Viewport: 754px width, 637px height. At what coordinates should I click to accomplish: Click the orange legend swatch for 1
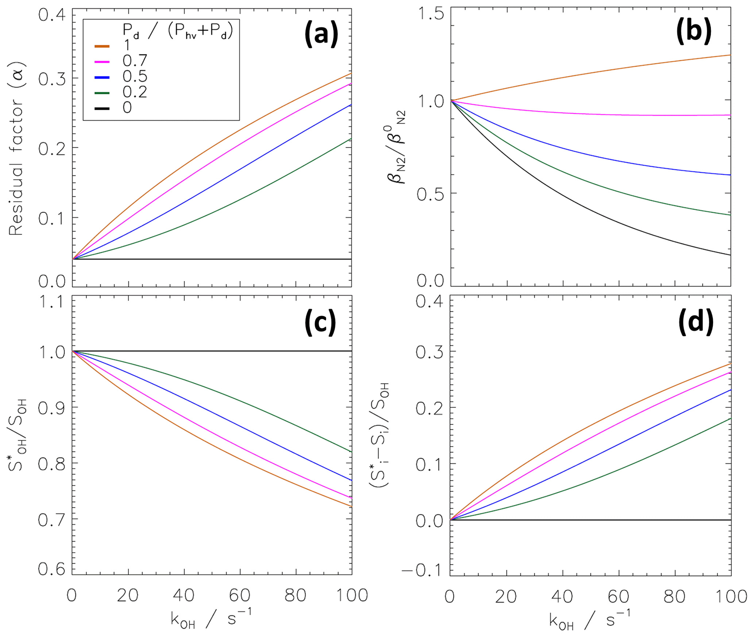pyautogui.click(x=102, y=46)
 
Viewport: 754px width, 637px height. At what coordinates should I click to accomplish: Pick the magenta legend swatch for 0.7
pyautogui.click(x=102, y=62)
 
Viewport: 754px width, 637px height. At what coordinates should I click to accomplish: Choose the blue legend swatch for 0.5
pyautogui.click(x=102, y=77)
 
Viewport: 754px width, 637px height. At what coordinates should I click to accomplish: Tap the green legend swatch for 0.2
pyautogui.click(x=102, y=93)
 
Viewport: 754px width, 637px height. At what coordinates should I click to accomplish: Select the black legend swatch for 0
pyautogui.click(x=102, y=108)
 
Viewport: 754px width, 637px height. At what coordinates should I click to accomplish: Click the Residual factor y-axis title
pyautogui.click(x=16, y=148)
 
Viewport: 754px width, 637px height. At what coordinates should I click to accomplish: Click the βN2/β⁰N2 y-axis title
pyautogui.click(x=397, y=148)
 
